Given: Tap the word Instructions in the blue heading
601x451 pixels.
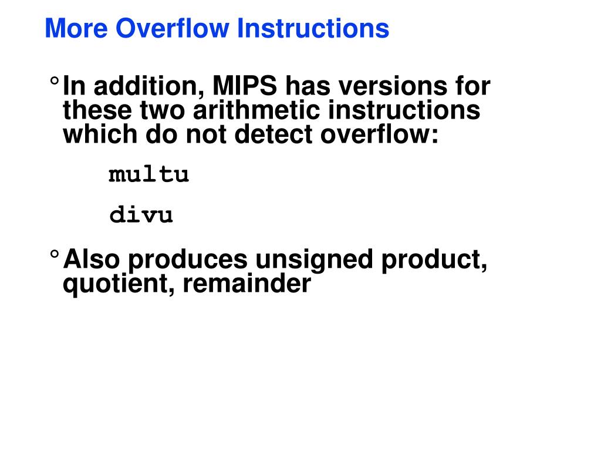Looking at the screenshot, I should pos(313,28).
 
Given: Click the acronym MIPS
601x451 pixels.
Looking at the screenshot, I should pos(245,87).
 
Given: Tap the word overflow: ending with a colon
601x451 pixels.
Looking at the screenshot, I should pos(379,134).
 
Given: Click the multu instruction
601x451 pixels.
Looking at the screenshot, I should pos(149,174).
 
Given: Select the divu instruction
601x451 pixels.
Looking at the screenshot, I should pos(141,215).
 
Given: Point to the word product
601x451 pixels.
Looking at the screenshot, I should pos(434,260).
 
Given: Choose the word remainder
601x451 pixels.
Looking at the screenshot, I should pos(246,284).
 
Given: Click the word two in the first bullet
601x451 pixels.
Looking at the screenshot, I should pos(159,111).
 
